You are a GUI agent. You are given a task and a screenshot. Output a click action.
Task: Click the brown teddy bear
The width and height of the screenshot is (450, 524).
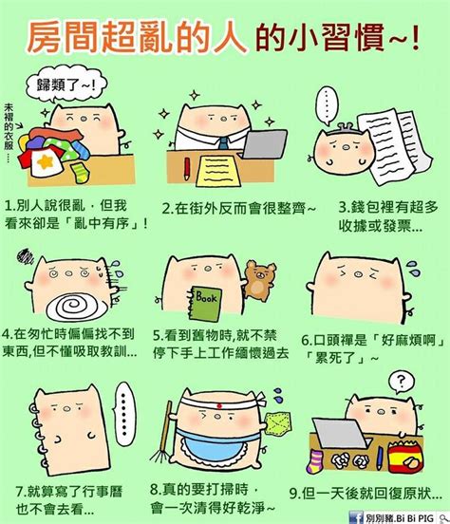point(260,279)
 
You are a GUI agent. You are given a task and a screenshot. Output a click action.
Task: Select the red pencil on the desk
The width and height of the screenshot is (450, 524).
point(187,168)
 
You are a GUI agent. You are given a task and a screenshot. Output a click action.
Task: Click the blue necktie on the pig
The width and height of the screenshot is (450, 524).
point(223,143)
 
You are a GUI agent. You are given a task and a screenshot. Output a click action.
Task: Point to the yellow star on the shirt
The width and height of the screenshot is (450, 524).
point(46,161)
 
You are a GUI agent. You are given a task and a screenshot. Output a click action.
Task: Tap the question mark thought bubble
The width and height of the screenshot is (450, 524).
point(402,382)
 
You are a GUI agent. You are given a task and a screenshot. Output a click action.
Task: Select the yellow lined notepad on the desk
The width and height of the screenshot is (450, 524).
point(218,171)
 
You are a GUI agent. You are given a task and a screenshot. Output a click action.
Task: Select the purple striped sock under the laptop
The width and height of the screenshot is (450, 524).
point(315,461)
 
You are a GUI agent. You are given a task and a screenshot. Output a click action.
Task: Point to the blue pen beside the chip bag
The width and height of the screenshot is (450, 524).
point(380,458)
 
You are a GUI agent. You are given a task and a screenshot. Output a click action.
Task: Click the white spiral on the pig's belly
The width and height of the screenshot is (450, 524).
point(78,306)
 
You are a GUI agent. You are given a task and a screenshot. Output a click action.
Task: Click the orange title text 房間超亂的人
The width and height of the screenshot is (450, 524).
point(137,37)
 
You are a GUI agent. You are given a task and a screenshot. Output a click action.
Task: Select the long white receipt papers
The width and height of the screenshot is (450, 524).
point(395,145)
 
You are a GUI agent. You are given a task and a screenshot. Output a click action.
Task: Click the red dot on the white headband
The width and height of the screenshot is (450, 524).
point(219,405)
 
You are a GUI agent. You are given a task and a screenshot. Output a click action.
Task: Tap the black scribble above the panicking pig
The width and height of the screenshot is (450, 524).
point(26,256)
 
